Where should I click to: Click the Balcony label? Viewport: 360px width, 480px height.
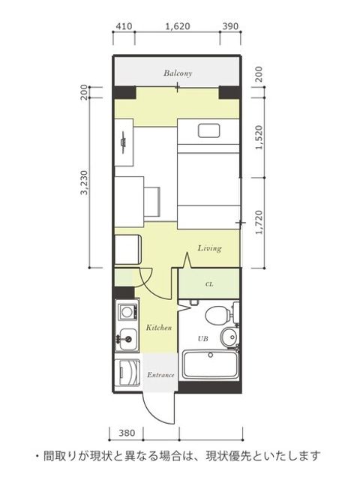(178, 73)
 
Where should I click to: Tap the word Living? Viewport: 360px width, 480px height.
(209, 248)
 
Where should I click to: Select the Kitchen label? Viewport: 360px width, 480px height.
(158, 328)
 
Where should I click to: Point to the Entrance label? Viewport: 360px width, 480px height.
(160, 375)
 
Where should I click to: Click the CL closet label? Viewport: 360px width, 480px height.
(209, 284)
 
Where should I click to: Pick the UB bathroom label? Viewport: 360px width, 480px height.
(203, 338)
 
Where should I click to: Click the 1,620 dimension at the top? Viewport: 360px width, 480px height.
(178, 26)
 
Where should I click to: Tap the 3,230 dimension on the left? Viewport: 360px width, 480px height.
(84, 183)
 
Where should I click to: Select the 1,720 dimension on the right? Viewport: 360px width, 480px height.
(259, 222)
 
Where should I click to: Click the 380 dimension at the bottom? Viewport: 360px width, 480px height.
(127, 433)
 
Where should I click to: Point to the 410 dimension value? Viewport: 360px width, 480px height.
(124, 26)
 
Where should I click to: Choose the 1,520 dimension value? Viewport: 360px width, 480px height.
(259, 137)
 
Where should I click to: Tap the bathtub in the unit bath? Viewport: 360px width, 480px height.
(210, 364)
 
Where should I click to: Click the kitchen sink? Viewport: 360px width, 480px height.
(127, 340)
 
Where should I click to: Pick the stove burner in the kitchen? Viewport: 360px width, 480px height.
(127, 312)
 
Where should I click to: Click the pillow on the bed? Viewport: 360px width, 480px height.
(208, 130)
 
